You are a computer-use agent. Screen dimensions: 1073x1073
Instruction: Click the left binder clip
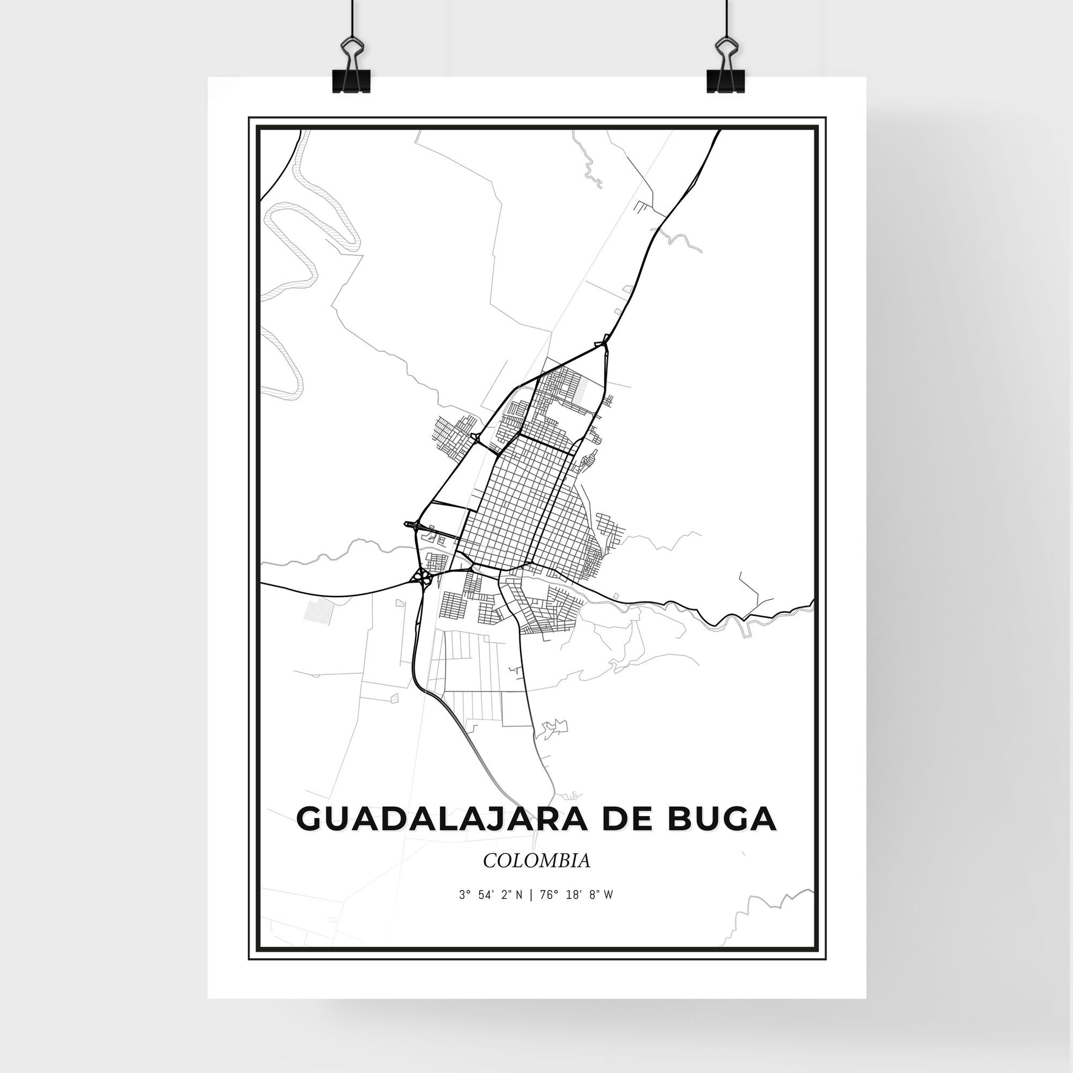coord(351,69)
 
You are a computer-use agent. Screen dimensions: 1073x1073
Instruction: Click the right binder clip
coord(725,69)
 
